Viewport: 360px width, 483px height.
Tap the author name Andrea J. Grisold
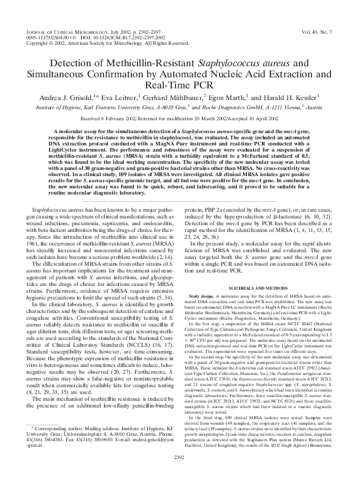coord(66,96)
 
